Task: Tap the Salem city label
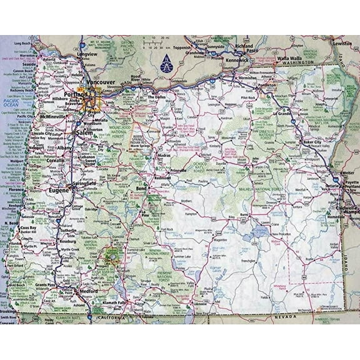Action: pos(84,134)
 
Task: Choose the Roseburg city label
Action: pos(67,241)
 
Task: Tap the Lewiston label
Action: pos(342,43)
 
